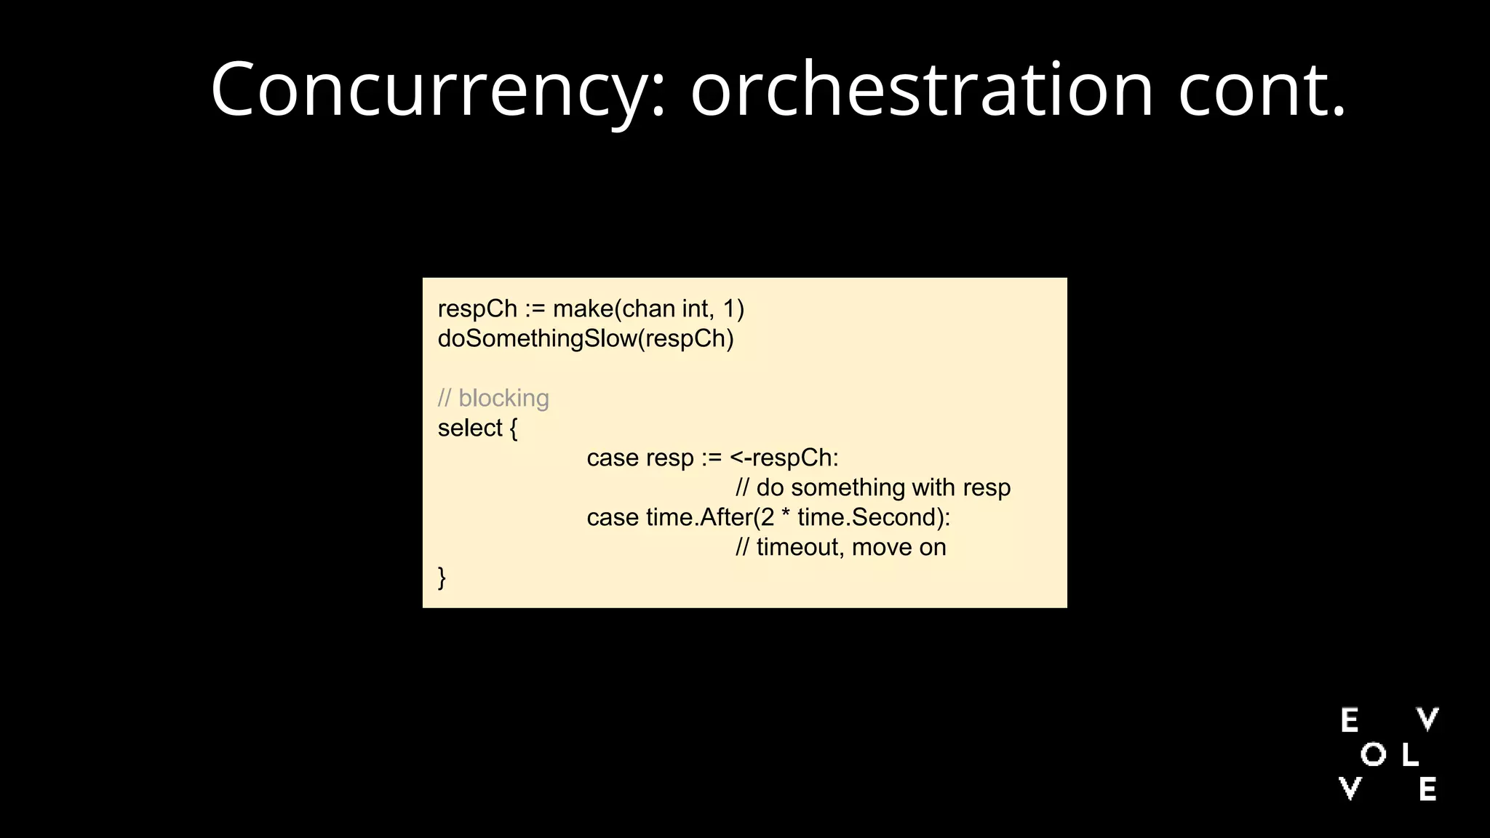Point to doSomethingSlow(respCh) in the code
586,339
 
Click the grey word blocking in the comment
503,399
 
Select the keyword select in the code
470,428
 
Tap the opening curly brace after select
514,428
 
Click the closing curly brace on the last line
442,578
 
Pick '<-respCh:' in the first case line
784,458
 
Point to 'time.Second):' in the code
874,518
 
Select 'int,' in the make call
698,309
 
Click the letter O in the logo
1373,755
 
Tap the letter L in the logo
1410,755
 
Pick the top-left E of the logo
1350,721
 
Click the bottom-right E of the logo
1427,790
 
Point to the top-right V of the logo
1427,719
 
